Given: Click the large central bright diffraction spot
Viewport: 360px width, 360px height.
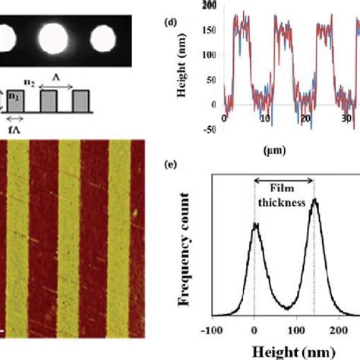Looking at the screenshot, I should pyautogui.click(x=54, y=36).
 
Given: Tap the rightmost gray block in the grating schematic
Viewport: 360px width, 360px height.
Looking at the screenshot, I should pyautogui.click(x=83, y=100).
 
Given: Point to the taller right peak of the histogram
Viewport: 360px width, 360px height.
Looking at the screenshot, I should pyautogui.click(x=314, y=202).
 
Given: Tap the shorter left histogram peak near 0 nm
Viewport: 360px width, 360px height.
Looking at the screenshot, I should pyautogui.click(x=255, y=226).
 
